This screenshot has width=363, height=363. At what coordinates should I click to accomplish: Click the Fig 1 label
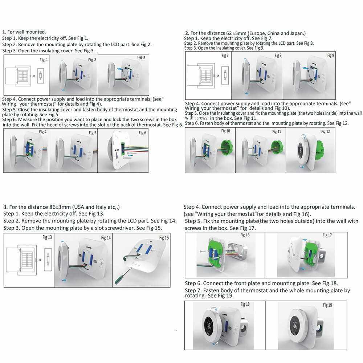[44, 60]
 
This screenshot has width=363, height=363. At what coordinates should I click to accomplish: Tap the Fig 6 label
[142, 132]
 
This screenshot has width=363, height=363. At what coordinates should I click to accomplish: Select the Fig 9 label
[330, 55]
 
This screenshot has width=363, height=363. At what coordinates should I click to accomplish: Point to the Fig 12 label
[325, 132]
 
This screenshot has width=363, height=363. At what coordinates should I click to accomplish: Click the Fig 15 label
[164, 238]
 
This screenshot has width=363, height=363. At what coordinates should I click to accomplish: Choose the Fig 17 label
[327, 235]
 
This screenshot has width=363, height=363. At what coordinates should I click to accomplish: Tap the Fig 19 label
[327, 305]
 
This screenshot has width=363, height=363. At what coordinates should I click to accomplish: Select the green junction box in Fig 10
[227, 147]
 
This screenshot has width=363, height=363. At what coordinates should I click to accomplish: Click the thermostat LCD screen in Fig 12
[301, 150]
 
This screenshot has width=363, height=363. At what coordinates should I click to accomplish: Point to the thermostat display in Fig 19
[295, 325]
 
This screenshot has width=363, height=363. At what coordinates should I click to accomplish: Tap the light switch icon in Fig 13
[48, 259]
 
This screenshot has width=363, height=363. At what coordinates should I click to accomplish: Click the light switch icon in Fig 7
[225, 76]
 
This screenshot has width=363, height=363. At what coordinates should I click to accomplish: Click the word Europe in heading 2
[257, 33]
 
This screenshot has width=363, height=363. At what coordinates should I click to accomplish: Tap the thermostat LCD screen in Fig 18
[209, 326]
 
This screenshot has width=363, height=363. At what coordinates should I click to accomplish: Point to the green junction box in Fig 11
[277, 148]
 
